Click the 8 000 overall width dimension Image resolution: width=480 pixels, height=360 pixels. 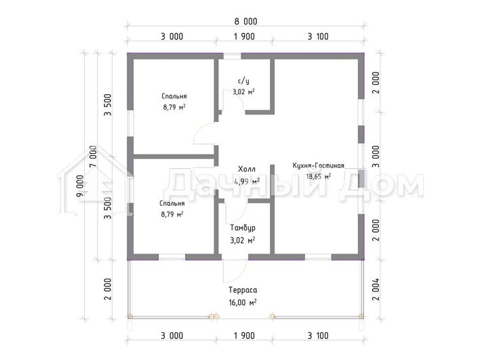click(x=246, y=22)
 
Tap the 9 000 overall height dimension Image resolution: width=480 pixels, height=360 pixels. click(x=80, y=186)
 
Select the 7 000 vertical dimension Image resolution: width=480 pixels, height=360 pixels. click(x=94, y=156)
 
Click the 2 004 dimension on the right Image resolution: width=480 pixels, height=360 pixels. click(x=376, y=289)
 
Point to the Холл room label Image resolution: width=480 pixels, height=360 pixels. click(x=247, y=169)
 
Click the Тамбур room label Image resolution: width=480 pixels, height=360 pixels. click(x=243, y=228)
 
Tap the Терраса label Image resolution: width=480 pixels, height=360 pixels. click(x=243, y=290)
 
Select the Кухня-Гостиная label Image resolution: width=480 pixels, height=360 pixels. click(x=319, y=165)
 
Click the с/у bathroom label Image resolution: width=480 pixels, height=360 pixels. click(x=243, y=81)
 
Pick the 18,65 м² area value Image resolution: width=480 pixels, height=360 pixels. click(x=319, y=177)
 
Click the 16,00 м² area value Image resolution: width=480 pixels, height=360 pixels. click(x=243, y=302)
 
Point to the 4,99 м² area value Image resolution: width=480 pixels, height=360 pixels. click(x=247, y=181)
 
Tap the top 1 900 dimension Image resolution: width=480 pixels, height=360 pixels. click(x=244, y=37)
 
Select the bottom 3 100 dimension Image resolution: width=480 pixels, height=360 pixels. click(x=318, y=336)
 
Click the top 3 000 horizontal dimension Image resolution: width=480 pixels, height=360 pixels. click(x=172, y=37)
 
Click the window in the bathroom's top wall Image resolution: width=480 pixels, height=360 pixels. click(x=232, y=56)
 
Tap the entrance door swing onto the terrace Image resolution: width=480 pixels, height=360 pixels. click(x=235, y=271)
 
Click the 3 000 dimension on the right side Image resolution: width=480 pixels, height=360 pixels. click(x=376, y=157)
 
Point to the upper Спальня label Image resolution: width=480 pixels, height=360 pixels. click(x=174, y=96)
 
